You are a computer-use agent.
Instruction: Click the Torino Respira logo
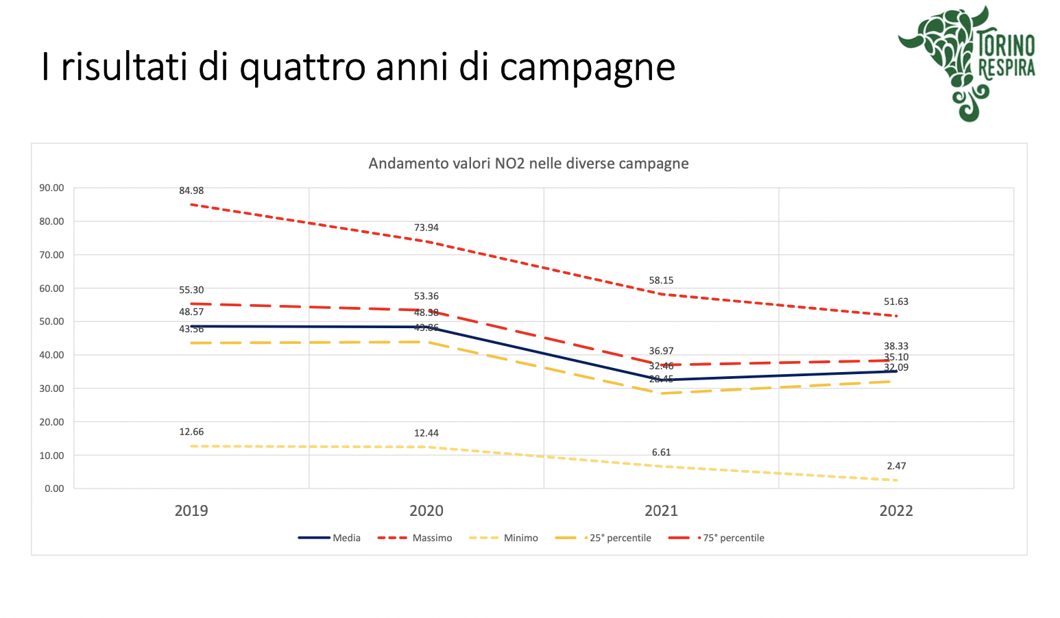pos(967,64)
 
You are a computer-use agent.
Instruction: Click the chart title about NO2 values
pos(528,164)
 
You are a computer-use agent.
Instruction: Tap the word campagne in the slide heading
pos(588,67)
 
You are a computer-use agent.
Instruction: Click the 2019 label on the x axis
pos(191,510)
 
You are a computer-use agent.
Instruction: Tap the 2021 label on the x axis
pos(661,510)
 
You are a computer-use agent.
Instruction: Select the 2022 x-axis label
pos(896,510)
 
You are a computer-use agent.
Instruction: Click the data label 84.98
pos(191,190)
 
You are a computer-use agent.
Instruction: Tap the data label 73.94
pos(426,227)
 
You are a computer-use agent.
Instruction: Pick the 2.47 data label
pos(896,466)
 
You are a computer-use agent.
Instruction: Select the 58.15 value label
pos(661,280)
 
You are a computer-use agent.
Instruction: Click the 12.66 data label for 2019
pos(191,432)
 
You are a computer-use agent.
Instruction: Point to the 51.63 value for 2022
pos(896,301)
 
